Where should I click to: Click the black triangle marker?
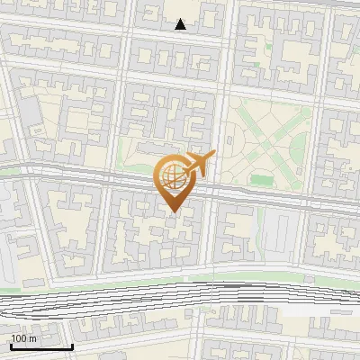(x=181, y=24)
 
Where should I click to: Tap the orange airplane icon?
(x=198, y=165)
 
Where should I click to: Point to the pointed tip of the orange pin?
(x=173, y=211)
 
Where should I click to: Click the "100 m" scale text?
(x=23, y=338)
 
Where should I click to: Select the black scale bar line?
(x=41, y=346)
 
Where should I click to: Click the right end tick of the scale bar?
(x=72, y=346)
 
